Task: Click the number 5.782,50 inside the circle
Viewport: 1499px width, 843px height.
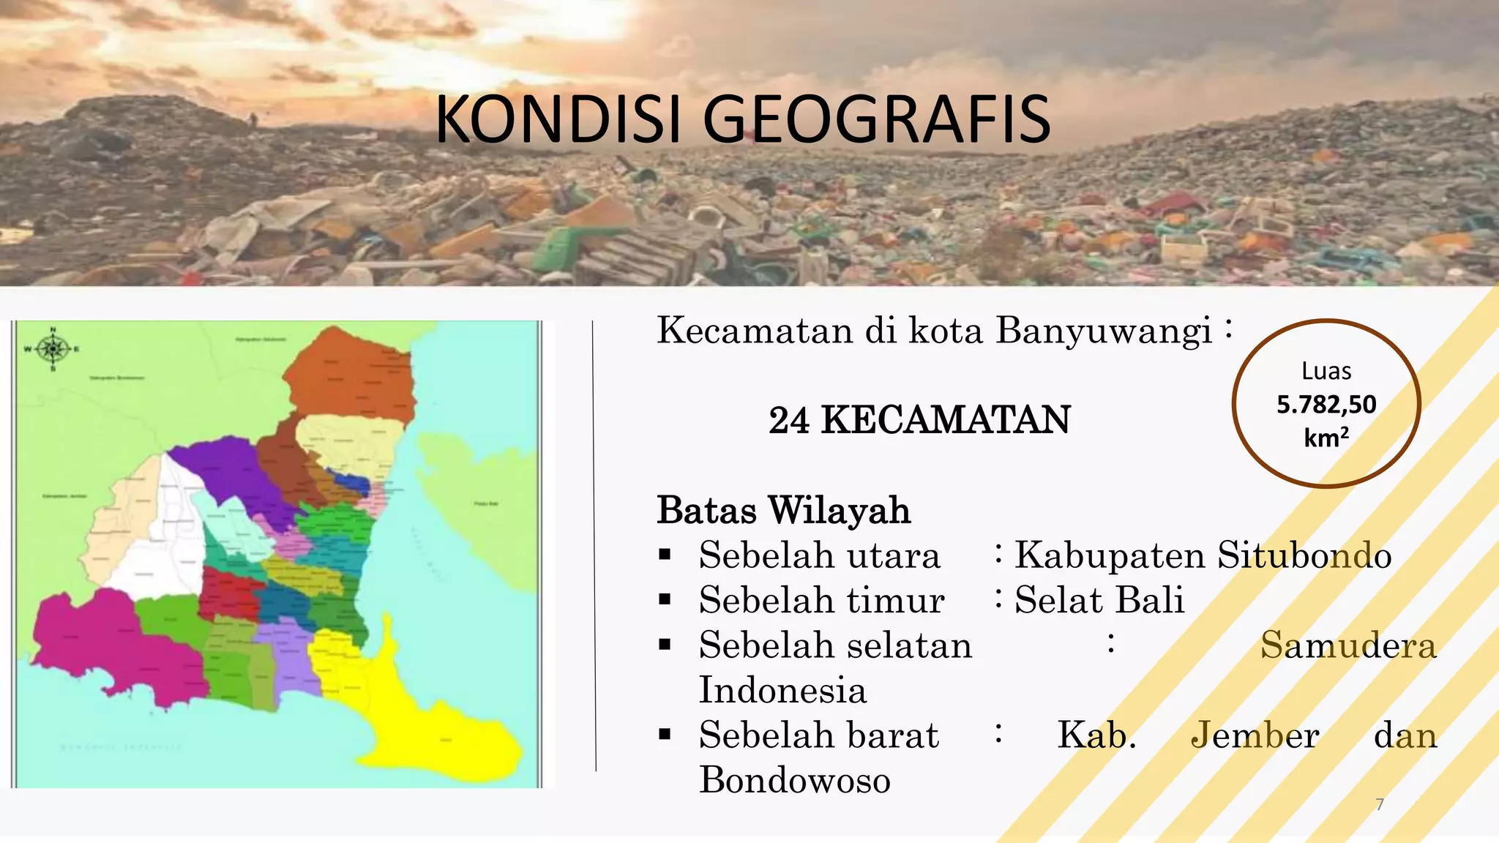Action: [1326, 405]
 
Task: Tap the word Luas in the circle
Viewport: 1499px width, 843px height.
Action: [1326, 371]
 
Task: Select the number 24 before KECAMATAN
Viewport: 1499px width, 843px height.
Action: [788, 421]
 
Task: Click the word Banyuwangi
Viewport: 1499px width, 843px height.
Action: [1103, 330]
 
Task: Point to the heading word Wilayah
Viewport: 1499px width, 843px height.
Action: [840, 510]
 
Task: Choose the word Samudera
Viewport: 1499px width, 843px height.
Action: [1348, 645]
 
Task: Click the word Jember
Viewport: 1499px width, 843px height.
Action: [1255, 735]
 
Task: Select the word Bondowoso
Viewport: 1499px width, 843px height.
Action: [795, 780]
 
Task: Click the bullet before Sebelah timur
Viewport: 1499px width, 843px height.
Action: [665, 600]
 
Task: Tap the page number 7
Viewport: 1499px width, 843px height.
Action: [1380, 805]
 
